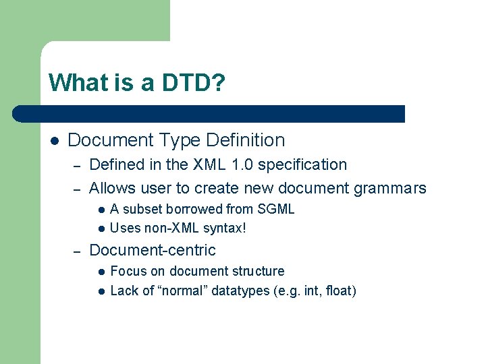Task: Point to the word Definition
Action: tap(245, 140)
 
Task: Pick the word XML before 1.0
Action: tap(207, 164)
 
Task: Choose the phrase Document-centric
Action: tap(153, 250)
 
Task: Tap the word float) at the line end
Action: tap(341, 291)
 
